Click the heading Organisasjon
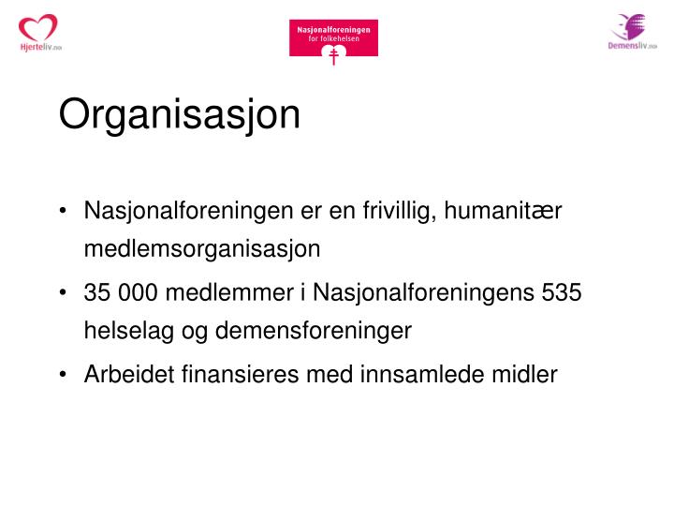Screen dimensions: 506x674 coord(180,116)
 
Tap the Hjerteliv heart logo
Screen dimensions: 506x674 coord(38,32)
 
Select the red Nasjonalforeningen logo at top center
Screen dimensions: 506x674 coord(333,38)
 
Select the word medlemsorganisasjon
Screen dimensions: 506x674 coord(202,249)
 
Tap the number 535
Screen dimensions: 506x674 coord(562,293)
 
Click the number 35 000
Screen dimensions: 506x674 coord(122,293)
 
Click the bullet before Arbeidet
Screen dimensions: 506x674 coord(63,376)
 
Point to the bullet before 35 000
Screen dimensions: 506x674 coord(63,294)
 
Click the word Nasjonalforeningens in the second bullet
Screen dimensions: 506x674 coord(426,293)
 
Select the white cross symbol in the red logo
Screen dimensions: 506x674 coord(333,56)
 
